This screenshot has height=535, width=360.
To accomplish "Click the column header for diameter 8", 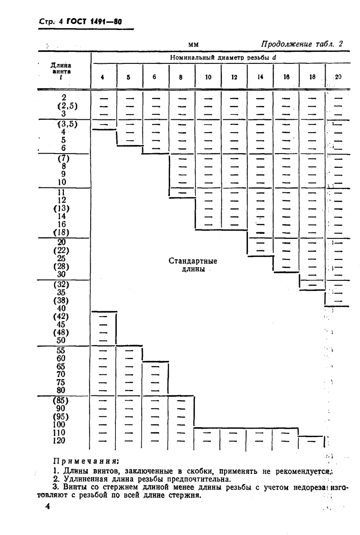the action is click(182, 76).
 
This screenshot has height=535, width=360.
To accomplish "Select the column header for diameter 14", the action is click(260, 76).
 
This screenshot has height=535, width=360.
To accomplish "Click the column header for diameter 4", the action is click(103, 76).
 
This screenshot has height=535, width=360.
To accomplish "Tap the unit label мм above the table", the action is click(193, 45).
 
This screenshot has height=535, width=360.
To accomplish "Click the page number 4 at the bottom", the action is click(47, 506).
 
